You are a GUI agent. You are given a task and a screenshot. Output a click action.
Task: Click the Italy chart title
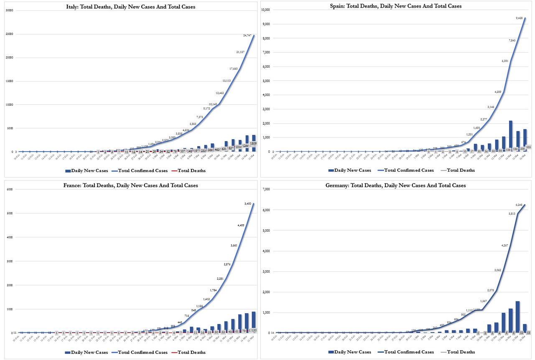tap(130, 7)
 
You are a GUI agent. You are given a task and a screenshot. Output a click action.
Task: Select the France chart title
tap(130, 185)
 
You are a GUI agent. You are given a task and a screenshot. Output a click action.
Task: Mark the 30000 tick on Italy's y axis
tap(8, 10)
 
